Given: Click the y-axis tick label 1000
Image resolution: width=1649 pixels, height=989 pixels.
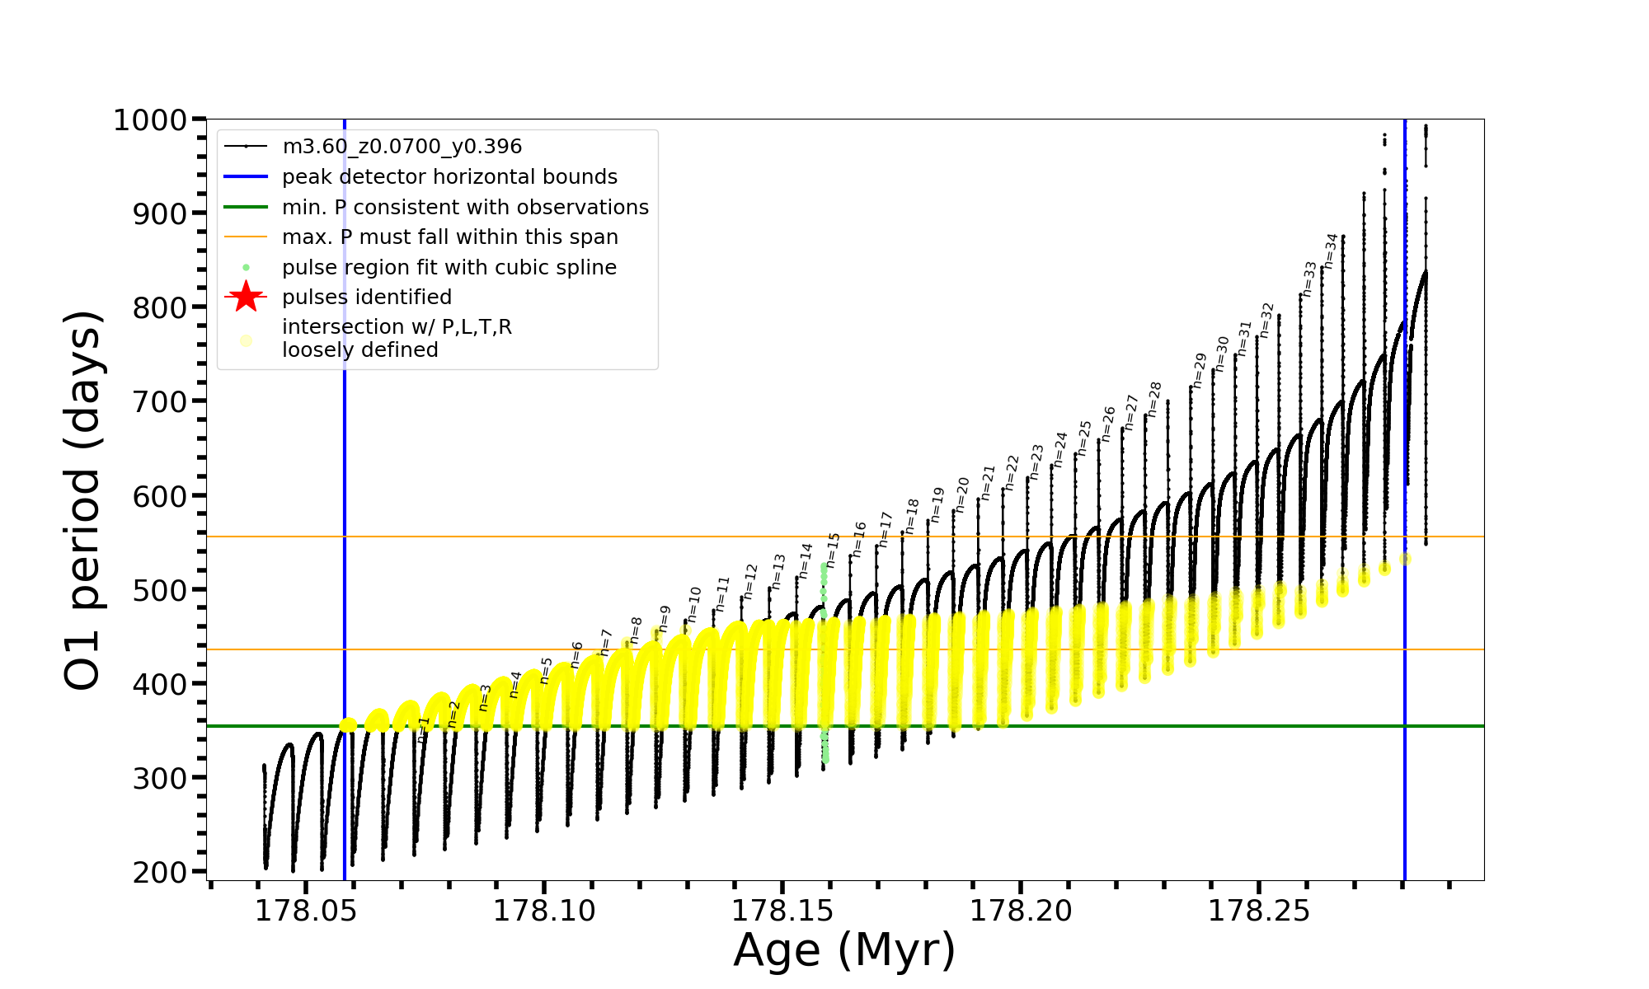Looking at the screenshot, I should click(x=150, y=120).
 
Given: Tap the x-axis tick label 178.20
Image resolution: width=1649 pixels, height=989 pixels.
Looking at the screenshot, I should click(x=1020, y=911).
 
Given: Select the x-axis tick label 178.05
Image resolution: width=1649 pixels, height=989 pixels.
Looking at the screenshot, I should click(x=305, y=911).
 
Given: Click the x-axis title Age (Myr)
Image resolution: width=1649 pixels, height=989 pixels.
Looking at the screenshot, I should click(x=844, y=950).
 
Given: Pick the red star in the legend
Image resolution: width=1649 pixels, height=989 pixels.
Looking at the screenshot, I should click(x=246, y=297).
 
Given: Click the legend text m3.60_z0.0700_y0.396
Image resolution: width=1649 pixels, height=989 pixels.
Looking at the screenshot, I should click(x=402, y=147).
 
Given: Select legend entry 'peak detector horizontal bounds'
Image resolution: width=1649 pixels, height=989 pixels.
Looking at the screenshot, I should click(x=449, y=177).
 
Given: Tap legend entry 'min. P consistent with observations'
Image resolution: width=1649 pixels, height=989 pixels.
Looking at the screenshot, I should click(x=465, y=207).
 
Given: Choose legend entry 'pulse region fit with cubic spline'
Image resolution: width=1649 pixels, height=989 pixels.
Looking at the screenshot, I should click(x=449, y=268).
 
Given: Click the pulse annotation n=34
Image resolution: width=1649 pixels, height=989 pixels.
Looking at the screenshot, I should click(x=1331, y=251).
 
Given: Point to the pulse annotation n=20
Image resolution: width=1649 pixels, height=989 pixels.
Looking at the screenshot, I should click(x=962, y=494).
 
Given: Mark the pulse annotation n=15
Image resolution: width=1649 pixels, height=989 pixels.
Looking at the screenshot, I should click(x=833, y=550).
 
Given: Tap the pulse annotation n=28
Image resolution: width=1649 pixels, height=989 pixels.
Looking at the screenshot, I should click(x=1154, y=399).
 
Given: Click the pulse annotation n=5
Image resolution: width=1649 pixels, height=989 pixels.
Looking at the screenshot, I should click(x=546, y=671).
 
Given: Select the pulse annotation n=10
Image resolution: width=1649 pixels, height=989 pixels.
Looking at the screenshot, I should click(x=693, y=604).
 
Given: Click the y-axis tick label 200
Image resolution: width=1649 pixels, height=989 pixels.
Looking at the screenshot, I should click(x=160, y=872).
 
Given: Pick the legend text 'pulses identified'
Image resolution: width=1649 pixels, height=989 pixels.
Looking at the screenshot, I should click(x=367, y=298).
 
